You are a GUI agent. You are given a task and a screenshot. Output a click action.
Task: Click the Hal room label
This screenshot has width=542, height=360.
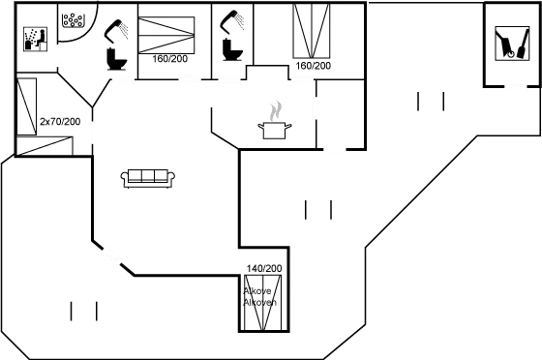coord(73,19)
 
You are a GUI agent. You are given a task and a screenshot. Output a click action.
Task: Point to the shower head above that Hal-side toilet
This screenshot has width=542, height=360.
coord(120,27)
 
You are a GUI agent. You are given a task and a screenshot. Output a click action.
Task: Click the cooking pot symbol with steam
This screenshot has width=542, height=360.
coord(274,119)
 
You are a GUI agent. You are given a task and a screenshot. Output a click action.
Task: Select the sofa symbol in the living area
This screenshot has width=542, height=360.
coord(147,177)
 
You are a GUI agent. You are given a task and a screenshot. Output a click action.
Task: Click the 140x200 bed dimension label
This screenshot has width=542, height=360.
coord(262,267)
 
